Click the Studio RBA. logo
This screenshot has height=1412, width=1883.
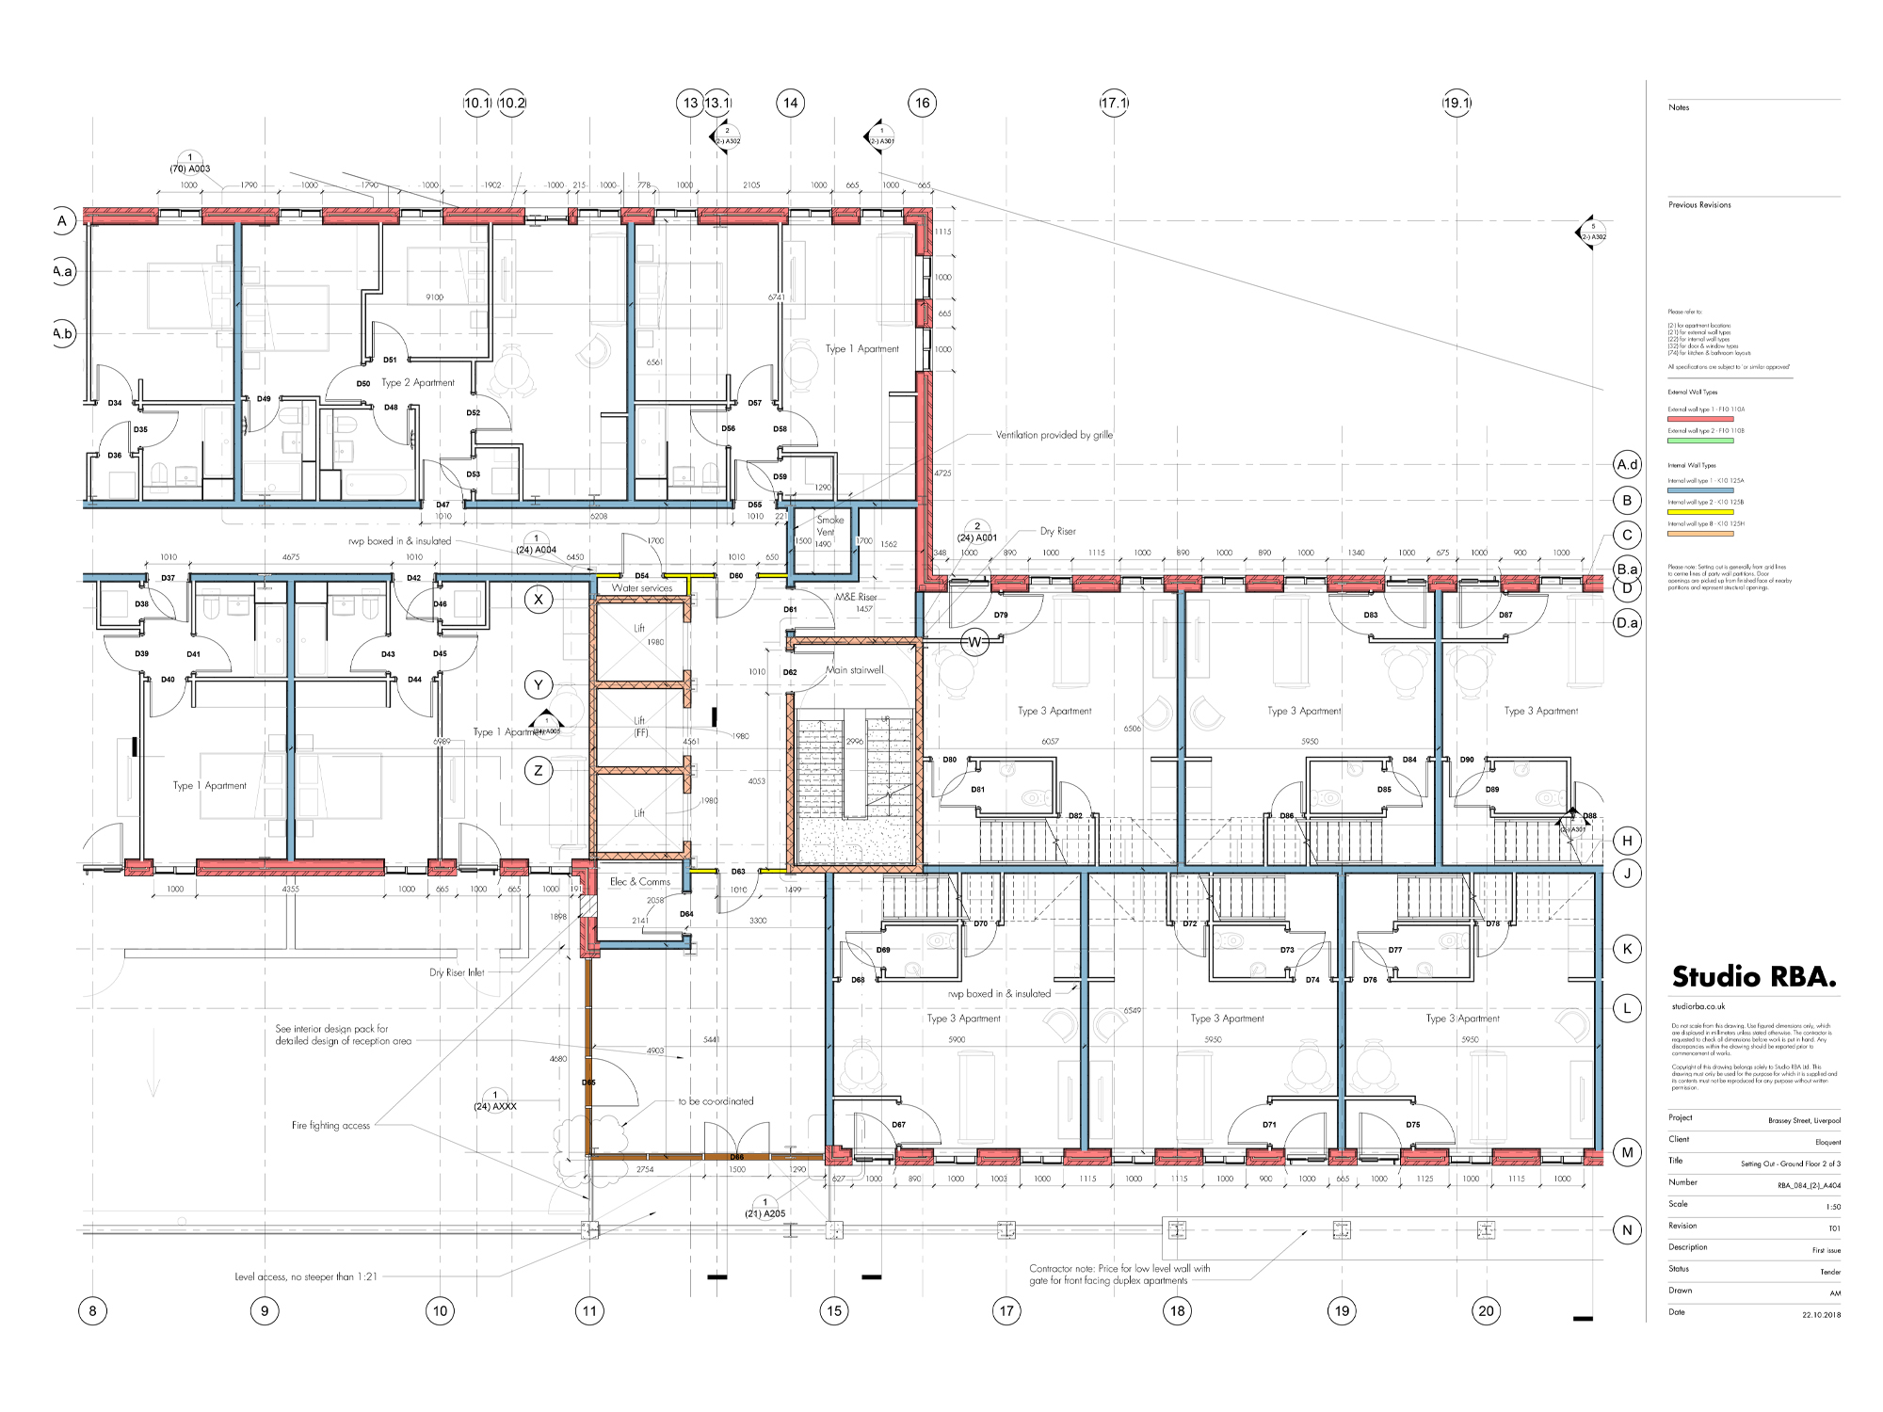pyautogui.click(x=1753, y=977)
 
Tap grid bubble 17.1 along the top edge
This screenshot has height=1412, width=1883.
pyautogui.click(x=1114, y=103)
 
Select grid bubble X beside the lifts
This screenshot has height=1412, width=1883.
pyautogui.click(x=539, y=600)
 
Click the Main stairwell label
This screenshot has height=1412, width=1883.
pyautogui.click(x=854, y=670)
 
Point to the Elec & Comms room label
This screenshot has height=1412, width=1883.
pyautogui.click(x=640, y=882)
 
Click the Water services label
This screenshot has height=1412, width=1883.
pyautogui.click(x=642, y=588)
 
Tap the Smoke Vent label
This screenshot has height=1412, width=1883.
pyautogui.click(x=829, y=525)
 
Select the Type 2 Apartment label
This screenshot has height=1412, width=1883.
pyautogui.click(x=417, y=383)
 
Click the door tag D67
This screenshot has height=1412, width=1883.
pyautogui.click(x=898, y=1125)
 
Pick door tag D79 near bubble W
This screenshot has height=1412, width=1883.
pyautogui.click(x=1001, y=616)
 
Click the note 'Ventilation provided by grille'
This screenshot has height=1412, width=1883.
pyautogui.click(x=1054, y=435)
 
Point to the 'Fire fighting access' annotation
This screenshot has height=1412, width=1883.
pyautogui.click(x=330, y=1126)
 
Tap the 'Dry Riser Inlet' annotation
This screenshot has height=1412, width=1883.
pyautogui.click(x=457, y=972)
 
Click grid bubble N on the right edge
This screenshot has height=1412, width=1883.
pyautogui.click(x=1627, y=1229)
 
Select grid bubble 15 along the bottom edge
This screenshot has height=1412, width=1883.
pyautogui.click(x=834, y=1310)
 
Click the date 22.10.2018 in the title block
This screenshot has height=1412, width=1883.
pyautogui.click(x=1821, y=1315)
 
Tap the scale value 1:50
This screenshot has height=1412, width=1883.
pyautogui.click(x=1832, y=1207)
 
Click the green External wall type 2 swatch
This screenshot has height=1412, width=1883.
pyautogui.click(x=1699, y=441)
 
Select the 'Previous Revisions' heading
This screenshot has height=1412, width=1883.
pyautogui.click(x=1699, y=205)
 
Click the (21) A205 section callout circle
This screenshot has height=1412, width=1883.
pyautogui.click(x=764, y=1203)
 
